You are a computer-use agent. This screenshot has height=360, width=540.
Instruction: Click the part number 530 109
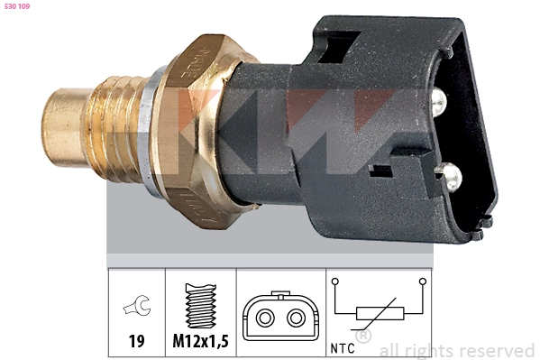[x=17, y=6]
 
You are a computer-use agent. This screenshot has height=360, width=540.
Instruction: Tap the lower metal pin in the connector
[x=451, y=177]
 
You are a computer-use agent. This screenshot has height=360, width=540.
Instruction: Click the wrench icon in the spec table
[x=137, y=305]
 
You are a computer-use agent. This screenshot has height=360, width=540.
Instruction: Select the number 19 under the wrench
[x=136, y=341]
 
